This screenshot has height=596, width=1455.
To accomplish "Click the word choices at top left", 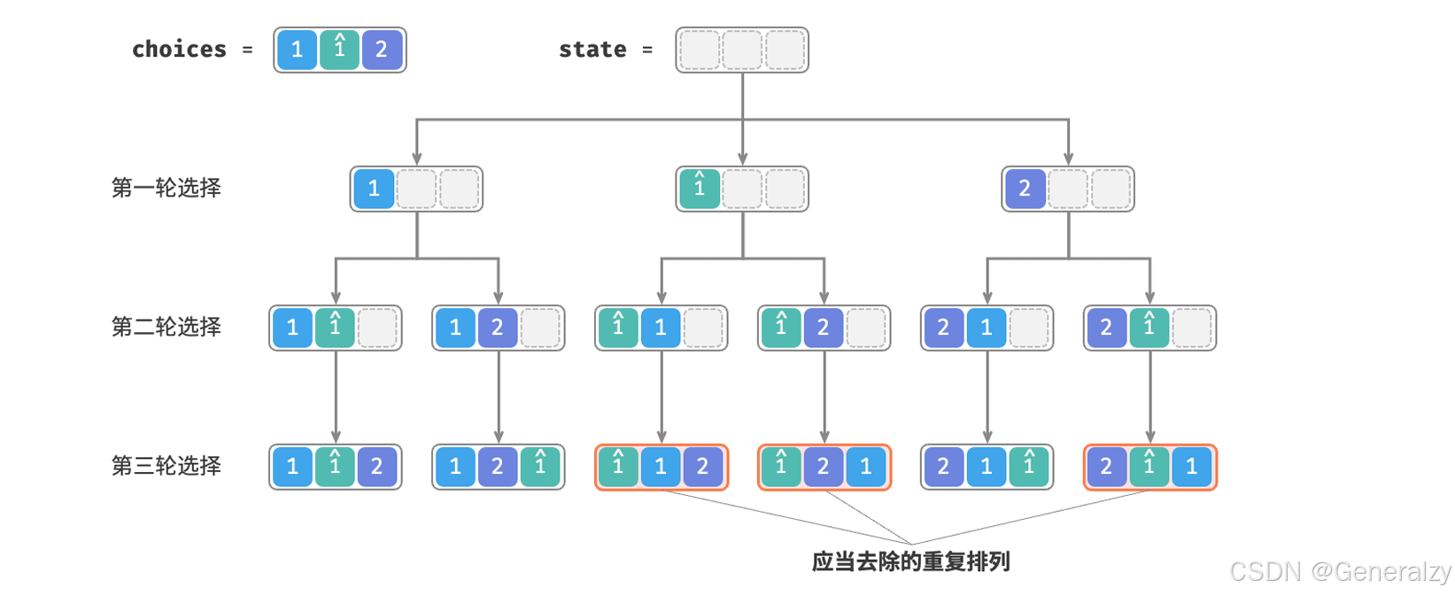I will point(179,50).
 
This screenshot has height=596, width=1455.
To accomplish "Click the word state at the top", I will point(592,50).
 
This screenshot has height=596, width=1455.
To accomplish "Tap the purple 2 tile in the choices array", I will point(382,50).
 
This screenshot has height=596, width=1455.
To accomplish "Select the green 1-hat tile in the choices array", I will point(339,50).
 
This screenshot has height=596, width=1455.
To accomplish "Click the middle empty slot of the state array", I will point(742,50).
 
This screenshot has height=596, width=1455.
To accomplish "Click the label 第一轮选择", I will point(166,188).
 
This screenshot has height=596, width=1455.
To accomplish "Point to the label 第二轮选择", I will point(166,327).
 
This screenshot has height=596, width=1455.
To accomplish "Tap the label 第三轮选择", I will point(166,466).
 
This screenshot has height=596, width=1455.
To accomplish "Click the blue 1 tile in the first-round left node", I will point(374,189).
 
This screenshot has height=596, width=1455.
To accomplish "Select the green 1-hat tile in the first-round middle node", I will point(700,189).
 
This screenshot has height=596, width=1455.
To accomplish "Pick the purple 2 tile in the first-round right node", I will point(1025,189).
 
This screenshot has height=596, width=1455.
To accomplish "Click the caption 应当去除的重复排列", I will point(910,561).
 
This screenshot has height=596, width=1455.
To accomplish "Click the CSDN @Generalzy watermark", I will point(1340,571).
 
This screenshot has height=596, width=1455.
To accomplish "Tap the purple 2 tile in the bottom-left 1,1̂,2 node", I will point(377,467).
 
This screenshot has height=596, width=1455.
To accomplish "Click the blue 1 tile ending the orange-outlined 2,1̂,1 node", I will point(1191,467).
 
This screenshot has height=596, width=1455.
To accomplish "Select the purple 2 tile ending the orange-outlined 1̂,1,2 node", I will point(702,467).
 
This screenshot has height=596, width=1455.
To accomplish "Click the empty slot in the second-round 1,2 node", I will point(540,328).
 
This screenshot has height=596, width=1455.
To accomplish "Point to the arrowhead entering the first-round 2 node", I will point(1068,159).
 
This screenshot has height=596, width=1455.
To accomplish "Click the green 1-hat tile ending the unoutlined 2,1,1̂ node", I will point(1028,467).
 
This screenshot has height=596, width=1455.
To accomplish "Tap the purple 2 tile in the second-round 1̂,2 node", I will point(823,328).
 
